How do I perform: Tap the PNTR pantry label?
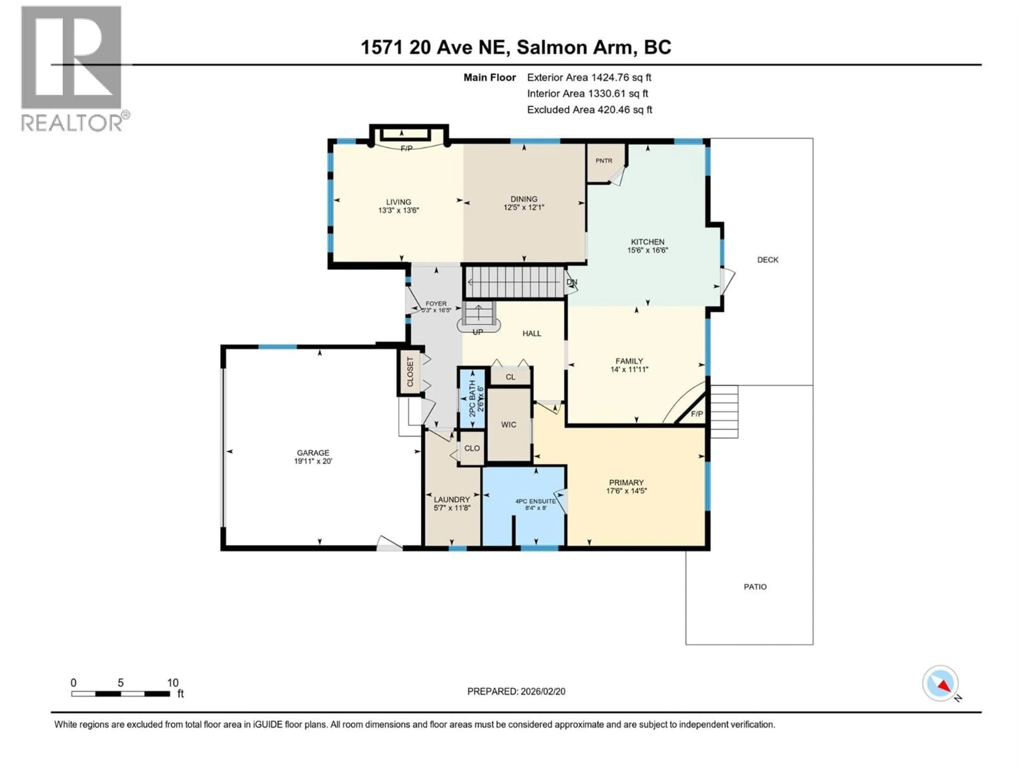tap(604, 161)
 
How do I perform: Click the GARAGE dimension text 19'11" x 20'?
tap(313, 461)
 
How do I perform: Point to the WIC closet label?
tap(508, 425)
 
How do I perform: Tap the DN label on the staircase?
tap(572, 282)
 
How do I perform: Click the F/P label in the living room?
tap(406, 149)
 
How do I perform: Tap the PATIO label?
tap(755, 587)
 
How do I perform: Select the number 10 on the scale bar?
tap(173, 683)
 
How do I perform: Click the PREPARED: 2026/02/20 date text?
tap(516, 691)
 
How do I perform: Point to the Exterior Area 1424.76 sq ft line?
tap(589, 77)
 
